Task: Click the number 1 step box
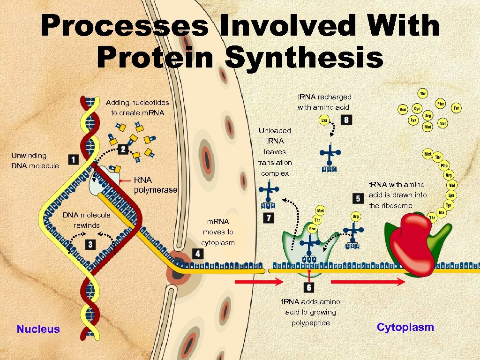pyautogui.click(x=73, y=160)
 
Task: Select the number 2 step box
pyautogui.click(x=123, y=149)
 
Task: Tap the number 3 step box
pyautogui.click(x=90, y=244)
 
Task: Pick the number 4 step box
pyautogui.click(x=197, y=254)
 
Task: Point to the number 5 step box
pyautogui.click(x=358, y=198)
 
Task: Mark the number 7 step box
pyautogui.click(x=269, y=218)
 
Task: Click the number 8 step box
pyautogui.click(x=346, y=120)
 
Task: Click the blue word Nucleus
pyautogui.click(x=38, y=329)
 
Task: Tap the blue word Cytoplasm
pyautogui.click(x=405, y=327)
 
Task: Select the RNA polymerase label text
pyautogui.click(x=156, y=185)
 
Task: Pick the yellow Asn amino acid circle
pyautogui.click(x=403, y=109)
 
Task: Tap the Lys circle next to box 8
pyautogui.click(x=324, y=120)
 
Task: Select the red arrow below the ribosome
pyautogui.click(x=368, y=282)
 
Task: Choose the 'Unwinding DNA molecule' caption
pyautogui.click(x=36, y=160)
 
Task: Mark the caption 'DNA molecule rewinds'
pyautogui.click(x=87, y=220)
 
